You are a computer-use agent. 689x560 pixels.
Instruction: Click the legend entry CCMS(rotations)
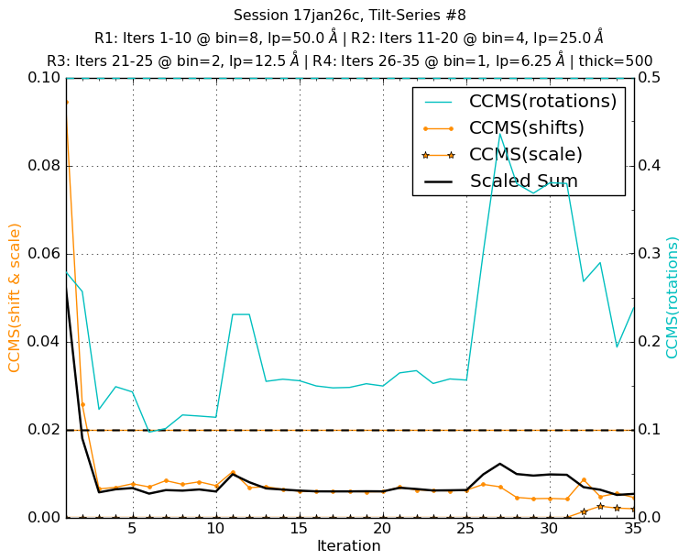(542, 101)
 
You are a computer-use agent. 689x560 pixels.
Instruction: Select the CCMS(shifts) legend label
(526, 127)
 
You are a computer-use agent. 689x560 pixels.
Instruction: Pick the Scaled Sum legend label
(523, 181)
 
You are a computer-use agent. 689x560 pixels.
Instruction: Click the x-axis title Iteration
(348, 546)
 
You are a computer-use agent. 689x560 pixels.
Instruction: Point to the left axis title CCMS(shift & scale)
(15, 297)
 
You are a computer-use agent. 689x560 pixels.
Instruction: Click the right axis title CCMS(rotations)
(673, 297)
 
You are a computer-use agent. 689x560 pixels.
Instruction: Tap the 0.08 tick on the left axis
(42, 166)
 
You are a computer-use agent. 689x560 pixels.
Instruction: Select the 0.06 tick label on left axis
(42, 254)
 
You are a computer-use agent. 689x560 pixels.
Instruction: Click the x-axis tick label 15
(299, 529)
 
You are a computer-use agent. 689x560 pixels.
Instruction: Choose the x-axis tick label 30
(549, 529)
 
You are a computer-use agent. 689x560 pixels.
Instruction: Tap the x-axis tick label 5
(132, 529)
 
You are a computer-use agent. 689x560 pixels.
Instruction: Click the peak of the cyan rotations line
(499, 134)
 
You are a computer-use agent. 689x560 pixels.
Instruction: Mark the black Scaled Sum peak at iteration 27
(499, 464)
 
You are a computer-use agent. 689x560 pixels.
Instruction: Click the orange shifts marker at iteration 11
(233, 472)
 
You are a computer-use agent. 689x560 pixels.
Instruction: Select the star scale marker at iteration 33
(599, 506)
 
